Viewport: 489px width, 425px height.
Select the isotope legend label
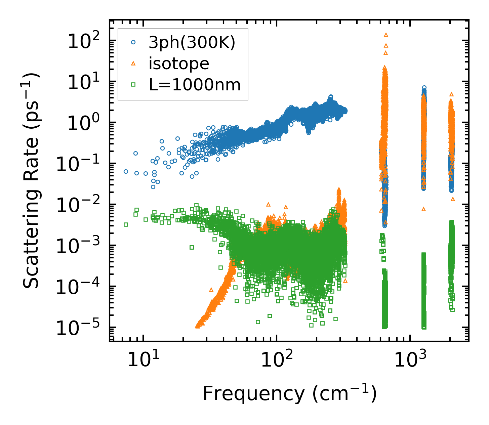tap(179, 63)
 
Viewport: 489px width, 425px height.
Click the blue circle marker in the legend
tap(133, 43)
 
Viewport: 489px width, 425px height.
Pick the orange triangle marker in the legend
tap(133, 63)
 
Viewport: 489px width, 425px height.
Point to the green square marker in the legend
tap(133, 85)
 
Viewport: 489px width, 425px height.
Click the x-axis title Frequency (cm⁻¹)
tap(289, 393)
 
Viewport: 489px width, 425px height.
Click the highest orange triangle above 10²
tap(386, 34)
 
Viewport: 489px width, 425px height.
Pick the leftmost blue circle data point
tap(126, 171)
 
